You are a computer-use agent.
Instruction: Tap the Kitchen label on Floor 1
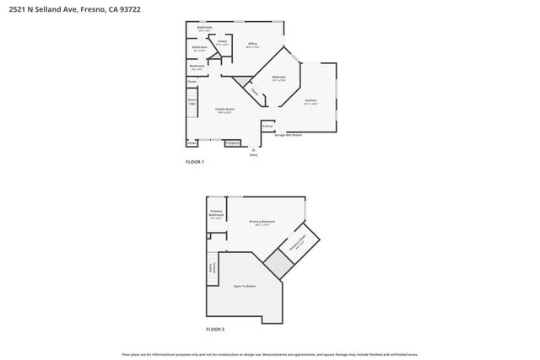click(310, 100)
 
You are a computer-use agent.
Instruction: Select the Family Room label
click(224, 110)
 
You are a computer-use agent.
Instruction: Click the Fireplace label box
click(232, 143)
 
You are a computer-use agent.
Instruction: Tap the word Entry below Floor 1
click(253, 155)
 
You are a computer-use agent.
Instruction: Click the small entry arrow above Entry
click(253, 149)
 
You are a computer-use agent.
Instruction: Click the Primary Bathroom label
click(217, 213)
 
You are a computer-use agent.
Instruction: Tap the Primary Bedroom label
click(258, 222)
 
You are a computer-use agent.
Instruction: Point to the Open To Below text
click(245, 287)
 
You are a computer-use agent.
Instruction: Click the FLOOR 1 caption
click(195, 161)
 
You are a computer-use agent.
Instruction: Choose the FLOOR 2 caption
click(215, 329)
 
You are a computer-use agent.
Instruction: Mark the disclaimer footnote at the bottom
click(270, 355)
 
